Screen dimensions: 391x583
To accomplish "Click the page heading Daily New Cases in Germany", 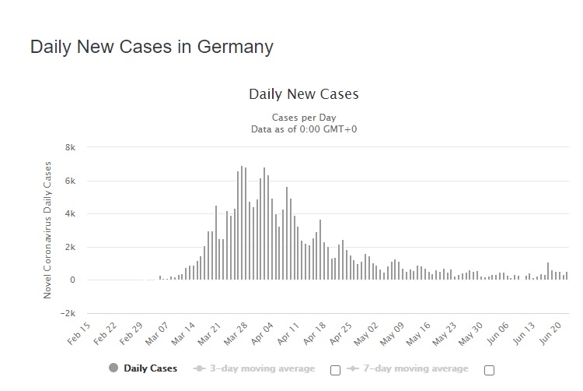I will pyautogui.click(x=152, y=46).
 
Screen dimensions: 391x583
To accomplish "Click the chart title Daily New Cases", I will pyautogui.click(x=303, y=94).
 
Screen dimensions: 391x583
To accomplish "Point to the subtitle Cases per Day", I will pyautogui.click(x=303, y=118).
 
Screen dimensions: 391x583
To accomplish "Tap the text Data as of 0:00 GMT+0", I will pyautogui.click(x=303, y=129).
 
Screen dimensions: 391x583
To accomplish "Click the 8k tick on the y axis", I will pyautogui.click(x=69, y=148).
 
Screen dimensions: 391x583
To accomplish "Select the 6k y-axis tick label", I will pyautogui.click(x=69, y=181).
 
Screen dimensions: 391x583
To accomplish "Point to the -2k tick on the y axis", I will pyautogui.click(x=68, y=313).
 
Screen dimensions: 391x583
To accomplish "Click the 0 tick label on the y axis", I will pyautogui.click(x=72, y=280).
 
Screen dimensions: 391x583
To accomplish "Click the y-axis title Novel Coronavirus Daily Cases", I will pyautogui.click(x=47, y=230).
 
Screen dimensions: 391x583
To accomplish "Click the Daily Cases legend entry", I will pyautogui.click(x=151, y=368).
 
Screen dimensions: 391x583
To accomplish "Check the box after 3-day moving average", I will pyautogui.click(x=335, y=370).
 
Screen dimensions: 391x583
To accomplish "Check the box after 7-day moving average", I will pyautogui.click(x=489, y=370).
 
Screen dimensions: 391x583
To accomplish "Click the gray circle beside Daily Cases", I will pyautogui.click(x=114, y=368).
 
